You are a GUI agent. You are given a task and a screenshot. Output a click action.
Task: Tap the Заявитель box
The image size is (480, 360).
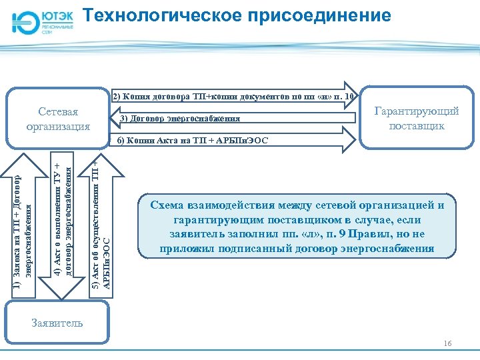pos(57,323)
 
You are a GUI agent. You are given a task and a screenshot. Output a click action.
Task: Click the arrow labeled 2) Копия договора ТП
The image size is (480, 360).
pos(233,96)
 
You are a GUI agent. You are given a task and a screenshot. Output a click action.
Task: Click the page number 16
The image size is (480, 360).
pos(447,343)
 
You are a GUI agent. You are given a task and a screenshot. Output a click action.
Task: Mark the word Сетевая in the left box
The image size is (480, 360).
pos(57,111)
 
